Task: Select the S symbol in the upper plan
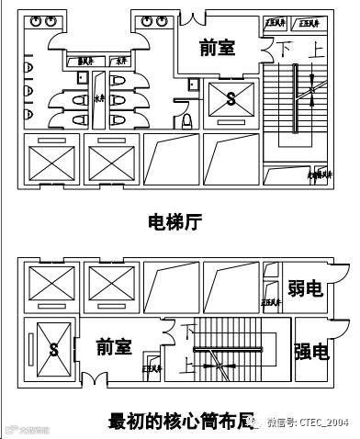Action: coord(230,96)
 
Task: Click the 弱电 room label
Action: coord(305,290)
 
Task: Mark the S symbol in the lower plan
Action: coord(53,350)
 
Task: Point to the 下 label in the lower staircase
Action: coord(190,329)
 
